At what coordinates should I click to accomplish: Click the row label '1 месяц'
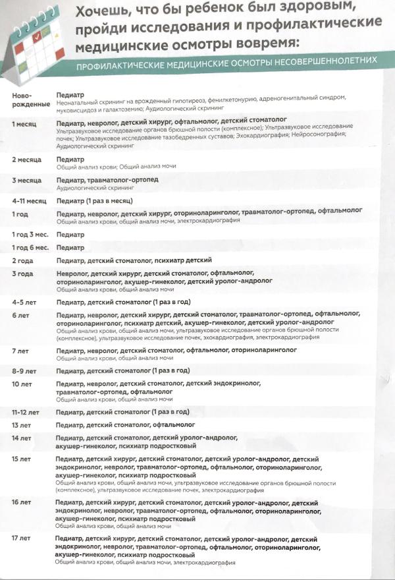24,123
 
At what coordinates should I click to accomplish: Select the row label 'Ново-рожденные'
30,100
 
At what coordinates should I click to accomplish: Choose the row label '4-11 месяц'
30,200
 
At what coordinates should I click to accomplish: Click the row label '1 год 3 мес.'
30,235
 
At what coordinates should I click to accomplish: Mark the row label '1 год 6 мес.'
30,248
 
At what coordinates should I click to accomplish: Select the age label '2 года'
23,261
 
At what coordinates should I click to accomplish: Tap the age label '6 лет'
20,316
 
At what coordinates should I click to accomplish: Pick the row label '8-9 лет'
24,371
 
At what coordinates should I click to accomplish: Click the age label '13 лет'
22,425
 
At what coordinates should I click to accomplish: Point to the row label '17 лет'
22,538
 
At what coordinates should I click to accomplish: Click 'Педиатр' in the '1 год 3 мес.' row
70,235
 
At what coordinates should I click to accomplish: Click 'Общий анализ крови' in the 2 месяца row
80,167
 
